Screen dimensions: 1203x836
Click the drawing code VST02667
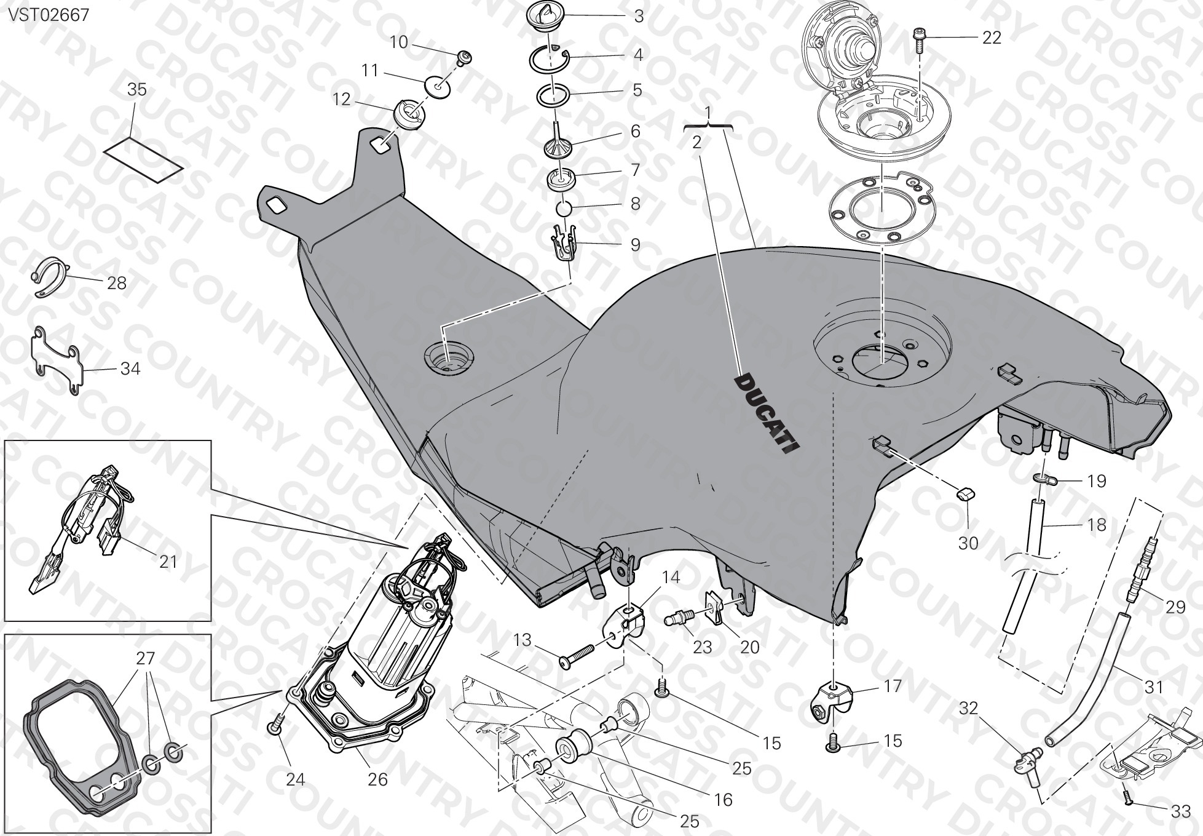[x=49, y=15]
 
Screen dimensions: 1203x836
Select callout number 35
[x=136, y=90]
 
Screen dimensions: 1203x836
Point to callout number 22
[x=992, y=38]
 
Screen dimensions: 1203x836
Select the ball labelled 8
[x=564, y=209]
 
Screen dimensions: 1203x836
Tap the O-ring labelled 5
[x=554, y=96]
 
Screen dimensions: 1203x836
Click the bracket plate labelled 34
[x=57, y=361]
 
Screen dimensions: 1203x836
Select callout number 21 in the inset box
[x=168, y=562]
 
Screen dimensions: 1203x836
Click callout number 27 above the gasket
[x=145, y=658]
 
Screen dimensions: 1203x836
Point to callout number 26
[x=377, y=779]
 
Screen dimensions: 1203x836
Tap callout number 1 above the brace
[x=708, y=113]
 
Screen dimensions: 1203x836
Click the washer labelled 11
[x=438, y=86]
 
